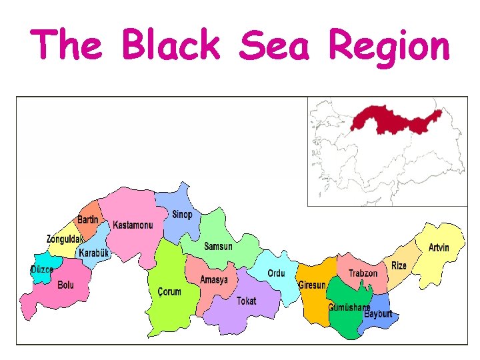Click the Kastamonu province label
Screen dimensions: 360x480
point(133,225)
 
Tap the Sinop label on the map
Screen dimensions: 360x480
point(182,215)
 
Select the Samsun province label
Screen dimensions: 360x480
point(218,247)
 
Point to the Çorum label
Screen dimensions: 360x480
point(169,292)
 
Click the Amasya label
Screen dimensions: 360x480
point(214,280)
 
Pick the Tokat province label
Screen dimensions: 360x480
point(246,301)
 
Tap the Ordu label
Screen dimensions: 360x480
point(276,273)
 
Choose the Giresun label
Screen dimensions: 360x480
point(312,285)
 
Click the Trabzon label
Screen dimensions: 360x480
point(363,273)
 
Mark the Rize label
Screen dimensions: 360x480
point(399,265)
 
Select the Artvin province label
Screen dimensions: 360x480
point(439,248)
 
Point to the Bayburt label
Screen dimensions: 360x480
point(378,314)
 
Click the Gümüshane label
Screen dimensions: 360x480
point(349,307)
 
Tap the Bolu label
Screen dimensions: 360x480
point(66,285)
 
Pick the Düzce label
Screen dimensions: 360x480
point(42,270)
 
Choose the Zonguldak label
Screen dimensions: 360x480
point(65,239)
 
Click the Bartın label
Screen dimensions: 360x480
point(88,220)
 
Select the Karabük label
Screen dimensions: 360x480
point(93,253)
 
